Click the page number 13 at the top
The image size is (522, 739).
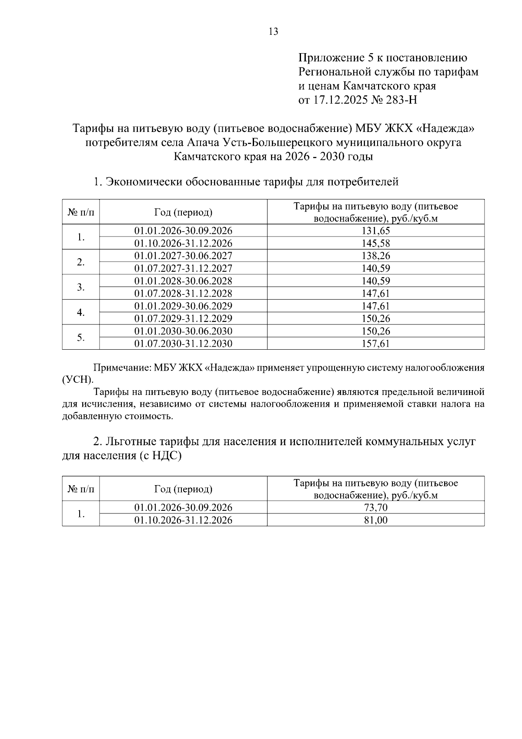click(274, 31)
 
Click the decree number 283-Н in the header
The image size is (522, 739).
click(402, 100)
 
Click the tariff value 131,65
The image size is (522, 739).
click(376, 230)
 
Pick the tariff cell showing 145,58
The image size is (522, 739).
click(376, 243)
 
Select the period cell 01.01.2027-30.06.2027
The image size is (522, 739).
click(183, 256)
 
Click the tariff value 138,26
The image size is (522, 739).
click(376, 256)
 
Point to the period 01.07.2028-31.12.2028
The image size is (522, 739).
click(183, 293)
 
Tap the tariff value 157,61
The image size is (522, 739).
click(376, 344)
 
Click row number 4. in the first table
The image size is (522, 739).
click(80, 312)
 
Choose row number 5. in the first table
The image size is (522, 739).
click(80, 337)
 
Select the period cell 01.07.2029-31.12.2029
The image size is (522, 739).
click(183, 318)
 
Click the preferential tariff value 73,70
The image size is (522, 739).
click(376, 507)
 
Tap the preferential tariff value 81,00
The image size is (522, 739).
click(376, 520)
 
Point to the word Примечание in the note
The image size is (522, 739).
click(121, 368)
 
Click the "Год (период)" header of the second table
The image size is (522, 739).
click(183, 489)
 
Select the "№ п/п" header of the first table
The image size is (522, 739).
click(80, 212)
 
